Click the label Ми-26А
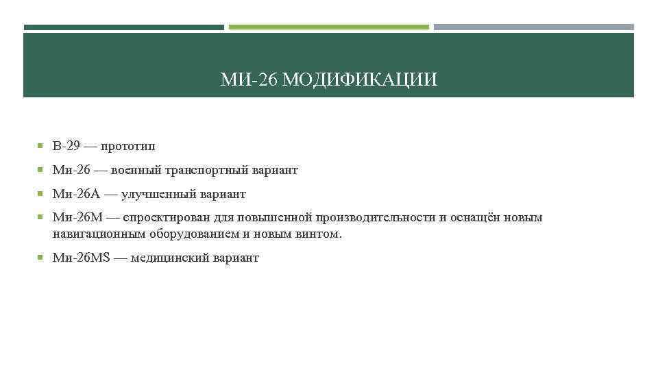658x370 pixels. [75, 194]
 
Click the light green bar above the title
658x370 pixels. [329, 27]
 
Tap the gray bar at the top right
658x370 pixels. [534, 27]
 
